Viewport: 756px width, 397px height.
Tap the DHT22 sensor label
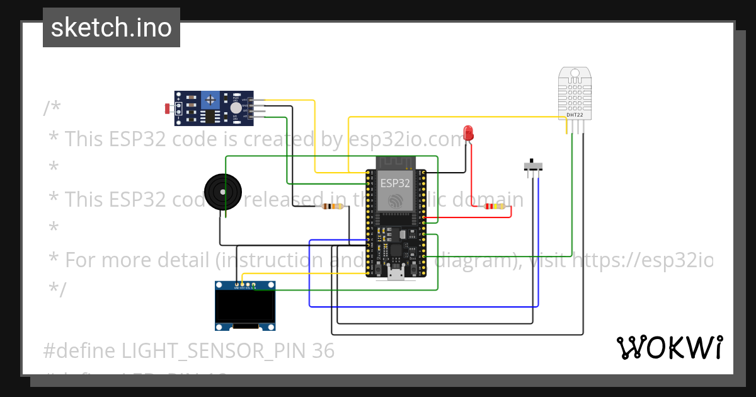(x=575, y=115)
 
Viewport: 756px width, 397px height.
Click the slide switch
(x=534, y=166)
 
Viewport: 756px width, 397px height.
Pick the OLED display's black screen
(x=245, y=306)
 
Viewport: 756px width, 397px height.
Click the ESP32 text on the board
(x=395, y=183)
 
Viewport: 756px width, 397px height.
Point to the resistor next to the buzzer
(x=333, y=206)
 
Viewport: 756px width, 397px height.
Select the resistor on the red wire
(x=495, y=206)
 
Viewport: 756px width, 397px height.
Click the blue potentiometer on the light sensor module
(x=211, y=99)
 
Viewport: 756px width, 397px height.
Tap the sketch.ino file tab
(x=112, y=28)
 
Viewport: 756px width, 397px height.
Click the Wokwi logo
(x=670, y=347)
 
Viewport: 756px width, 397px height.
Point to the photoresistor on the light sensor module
(x=169, y=108)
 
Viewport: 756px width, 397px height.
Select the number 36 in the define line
(x=323, y=350)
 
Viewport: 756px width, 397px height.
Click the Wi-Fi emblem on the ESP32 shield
(x=396, y=200)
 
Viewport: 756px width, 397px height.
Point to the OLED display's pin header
(x=245, y=285)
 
